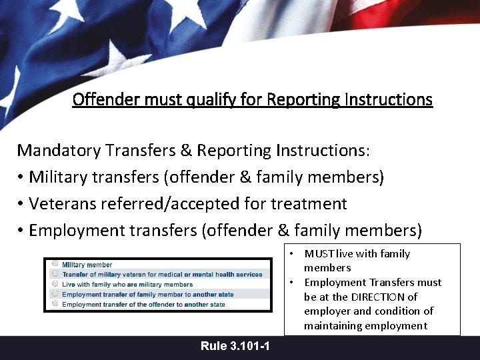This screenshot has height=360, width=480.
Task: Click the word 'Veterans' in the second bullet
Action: click(69, 203)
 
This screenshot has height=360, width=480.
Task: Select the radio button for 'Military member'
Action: click(55, 264)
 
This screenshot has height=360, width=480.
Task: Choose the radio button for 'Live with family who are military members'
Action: click(55, 283)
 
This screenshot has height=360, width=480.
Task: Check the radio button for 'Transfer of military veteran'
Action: click(55, 273)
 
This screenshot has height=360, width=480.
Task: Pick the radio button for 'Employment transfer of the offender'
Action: click(55, 303)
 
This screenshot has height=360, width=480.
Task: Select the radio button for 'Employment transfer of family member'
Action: click(55, 293)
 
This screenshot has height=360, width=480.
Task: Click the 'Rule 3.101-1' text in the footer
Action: click(235, 346)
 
